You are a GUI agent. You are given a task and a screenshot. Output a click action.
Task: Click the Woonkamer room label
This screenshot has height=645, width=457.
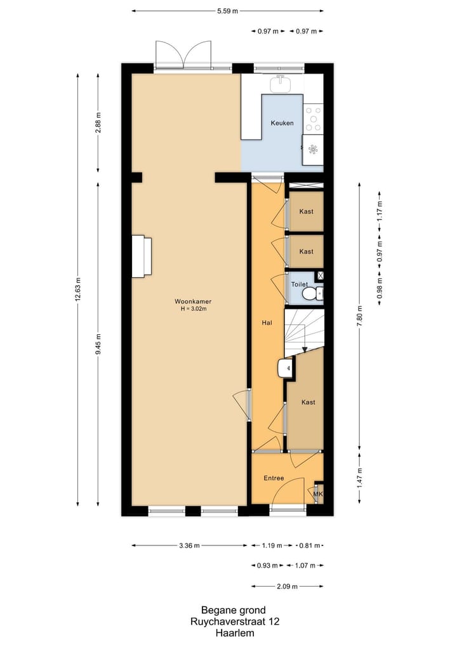(194, 301)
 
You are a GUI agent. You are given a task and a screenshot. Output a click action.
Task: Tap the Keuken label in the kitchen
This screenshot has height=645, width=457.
(282, 123)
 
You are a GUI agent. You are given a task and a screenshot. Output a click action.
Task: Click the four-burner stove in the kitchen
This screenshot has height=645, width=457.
(313, 119)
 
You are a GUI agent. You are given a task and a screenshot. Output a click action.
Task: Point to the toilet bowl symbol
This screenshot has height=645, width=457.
(309, 294)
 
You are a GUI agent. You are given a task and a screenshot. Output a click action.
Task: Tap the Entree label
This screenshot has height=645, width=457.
(274, 478)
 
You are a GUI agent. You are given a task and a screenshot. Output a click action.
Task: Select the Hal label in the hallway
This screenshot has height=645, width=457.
(267, 323)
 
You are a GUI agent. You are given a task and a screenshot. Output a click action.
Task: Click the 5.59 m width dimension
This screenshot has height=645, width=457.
(227, 11)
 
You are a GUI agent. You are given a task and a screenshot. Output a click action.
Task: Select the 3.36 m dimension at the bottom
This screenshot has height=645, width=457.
(189, 545)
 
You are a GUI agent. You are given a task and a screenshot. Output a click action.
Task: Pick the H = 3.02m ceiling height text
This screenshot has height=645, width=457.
(194, 309)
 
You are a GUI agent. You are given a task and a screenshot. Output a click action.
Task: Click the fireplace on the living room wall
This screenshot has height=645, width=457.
(142, 256)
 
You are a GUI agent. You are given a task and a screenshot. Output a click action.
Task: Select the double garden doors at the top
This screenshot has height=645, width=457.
(183, 56)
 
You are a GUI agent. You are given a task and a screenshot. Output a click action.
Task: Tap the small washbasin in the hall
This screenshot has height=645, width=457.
(286, 368)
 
